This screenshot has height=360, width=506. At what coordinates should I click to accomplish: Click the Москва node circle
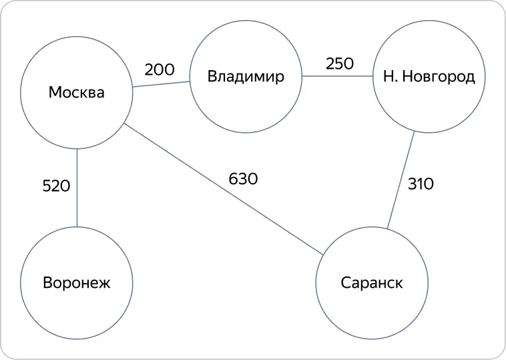(77, 37)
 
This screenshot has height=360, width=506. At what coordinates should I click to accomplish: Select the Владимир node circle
(246, 21)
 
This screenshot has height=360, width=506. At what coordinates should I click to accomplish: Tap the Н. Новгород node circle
(429, 21)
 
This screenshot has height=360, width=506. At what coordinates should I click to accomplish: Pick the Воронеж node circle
(77, 227)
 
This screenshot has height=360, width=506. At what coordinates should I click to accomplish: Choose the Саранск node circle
(372, 227)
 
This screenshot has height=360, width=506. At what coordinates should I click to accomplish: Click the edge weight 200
(160, 69)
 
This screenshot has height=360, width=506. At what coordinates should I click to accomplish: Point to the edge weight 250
(340, 63)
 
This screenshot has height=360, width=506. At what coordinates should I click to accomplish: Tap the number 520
(56, 186)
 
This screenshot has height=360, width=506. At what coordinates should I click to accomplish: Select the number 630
(243, 178)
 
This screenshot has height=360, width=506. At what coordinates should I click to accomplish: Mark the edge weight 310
(421, 184)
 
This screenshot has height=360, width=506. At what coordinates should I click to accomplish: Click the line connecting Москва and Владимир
(161, 84)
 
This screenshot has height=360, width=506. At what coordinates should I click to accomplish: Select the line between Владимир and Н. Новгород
(338, 77)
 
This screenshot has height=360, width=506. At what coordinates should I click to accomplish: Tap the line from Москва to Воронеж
(77, 188)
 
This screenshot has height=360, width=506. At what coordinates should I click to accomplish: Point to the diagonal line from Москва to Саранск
(224, 189)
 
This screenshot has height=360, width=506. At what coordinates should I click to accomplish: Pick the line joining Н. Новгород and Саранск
(401, 180)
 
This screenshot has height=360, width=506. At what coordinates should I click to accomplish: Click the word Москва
(77, 93)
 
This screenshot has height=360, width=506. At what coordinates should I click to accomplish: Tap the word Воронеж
(77, 283)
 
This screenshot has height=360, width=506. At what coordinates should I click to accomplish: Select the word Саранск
(372, 283)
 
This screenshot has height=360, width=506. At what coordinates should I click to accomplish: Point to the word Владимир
(246, 77)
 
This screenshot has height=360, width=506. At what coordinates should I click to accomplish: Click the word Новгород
(439, 77)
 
